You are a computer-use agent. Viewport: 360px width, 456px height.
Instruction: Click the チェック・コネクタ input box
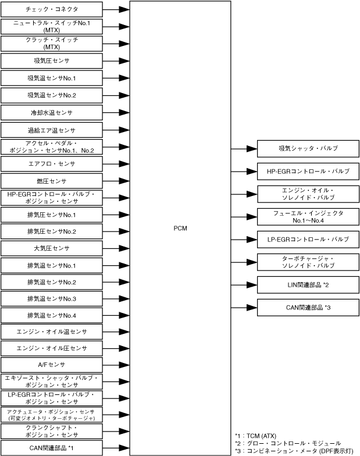(x=52, y=10)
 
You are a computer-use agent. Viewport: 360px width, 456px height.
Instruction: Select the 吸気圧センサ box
(x=52, y=61)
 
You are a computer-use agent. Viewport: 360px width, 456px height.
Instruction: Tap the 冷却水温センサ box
(x=52, y=112)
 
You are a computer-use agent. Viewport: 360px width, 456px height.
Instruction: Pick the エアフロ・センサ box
(x=52, y=164)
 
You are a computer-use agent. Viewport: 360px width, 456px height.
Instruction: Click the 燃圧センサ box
(x=52, y=181)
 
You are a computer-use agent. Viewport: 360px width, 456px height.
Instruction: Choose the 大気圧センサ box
(x=52, y=248)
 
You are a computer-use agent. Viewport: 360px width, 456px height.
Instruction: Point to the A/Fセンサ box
(x=52, y=365)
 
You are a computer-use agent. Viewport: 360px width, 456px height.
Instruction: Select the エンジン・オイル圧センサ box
(x=52, y=348)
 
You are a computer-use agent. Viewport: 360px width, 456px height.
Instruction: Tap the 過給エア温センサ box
(x=52, y=130)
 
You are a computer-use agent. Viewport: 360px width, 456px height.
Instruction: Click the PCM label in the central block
(x=180, y=228)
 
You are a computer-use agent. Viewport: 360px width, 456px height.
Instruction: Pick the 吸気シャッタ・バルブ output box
(x=308, y=149)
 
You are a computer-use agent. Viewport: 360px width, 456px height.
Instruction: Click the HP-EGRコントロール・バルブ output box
(x=308, y=172)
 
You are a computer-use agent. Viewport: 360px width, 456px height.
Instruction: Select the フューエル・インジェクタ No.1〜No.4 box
(x=308, y=217)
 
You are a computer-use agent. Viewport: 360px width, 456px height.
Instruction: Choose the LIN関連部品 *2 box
(x=308, y=284)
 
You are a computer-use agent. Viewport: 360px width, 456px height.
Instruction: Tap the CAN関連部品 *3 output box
(x=308, y=307)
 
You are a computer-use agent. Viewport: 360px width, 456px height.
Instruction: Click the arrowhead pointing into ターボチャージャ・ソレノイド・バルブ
(x=252, y=262)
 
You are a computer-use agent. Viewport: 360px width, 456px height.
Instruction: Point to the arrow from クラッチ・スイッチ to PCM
(x=116, y=44)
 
